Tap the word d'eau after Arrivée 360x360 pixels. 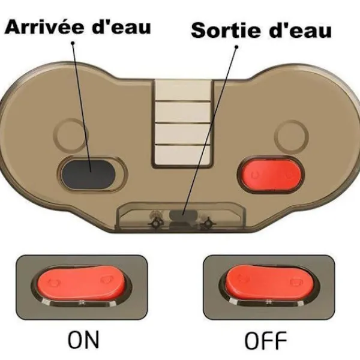click(121, 26)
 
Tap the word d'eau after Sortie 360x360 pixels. click(301, 30)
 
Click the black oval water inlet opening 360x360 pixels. click(89, 175)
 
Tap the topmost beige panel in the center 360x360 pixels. click(183, 90)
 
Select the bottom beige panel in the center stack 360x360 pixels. click(182, 155)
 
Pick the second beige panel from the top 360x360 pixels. click(183, 112)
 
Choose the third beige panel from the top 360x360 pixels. click(183, 134)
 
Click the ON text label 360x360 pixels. click(83, 340)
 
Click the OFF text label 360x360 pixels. click(265, 340)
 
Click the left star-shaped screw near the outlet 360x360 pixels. click(155, 223)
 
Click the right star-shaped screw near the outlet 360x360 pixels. click(208, 223)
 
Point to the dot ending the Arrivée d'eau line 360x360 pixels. click(73, 43)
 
